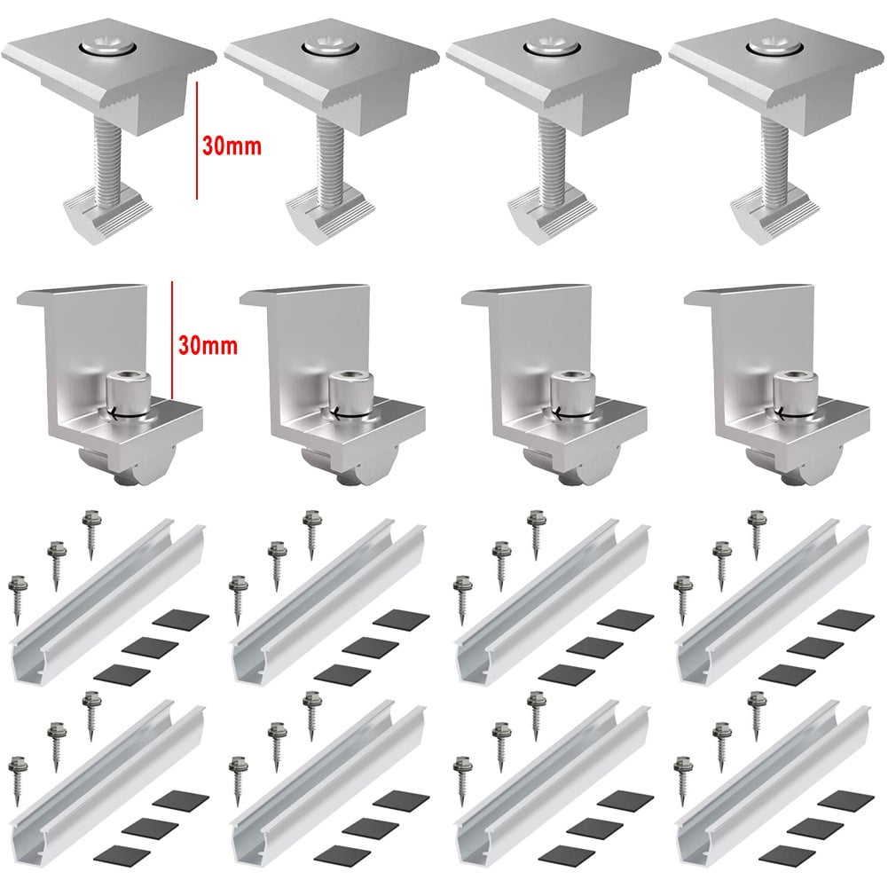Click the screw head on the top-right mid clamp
coord(773,44)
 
